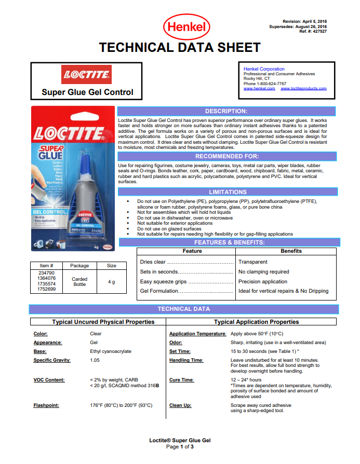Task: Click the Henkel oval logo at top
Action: pos(186,27)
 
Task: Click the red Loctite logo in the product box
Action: pos(87,75)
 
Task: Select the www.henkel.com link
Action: pos(259,89)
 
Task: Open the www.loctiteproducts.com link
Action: pos(303,89)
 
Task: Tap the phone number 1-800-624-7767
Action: pos(274,84)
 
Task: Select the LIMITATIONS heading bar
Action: pos(228,192)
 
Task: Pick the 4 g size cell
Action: pos(112,282)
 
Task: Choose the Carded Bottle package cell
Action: pos(79,282)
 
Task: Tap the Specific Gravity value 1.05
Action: pos(95,360)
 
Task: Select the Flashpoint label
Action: pos(46,405)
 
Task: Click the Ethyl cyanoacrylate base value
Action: pos(110,351)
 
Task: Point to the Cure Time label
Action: pos(181,380)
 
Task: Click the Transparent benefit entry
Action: pos(253,262)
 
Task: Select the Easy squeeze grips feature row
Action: pos(170,282)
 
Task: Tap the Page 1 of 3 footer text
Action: pos(180,447)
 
